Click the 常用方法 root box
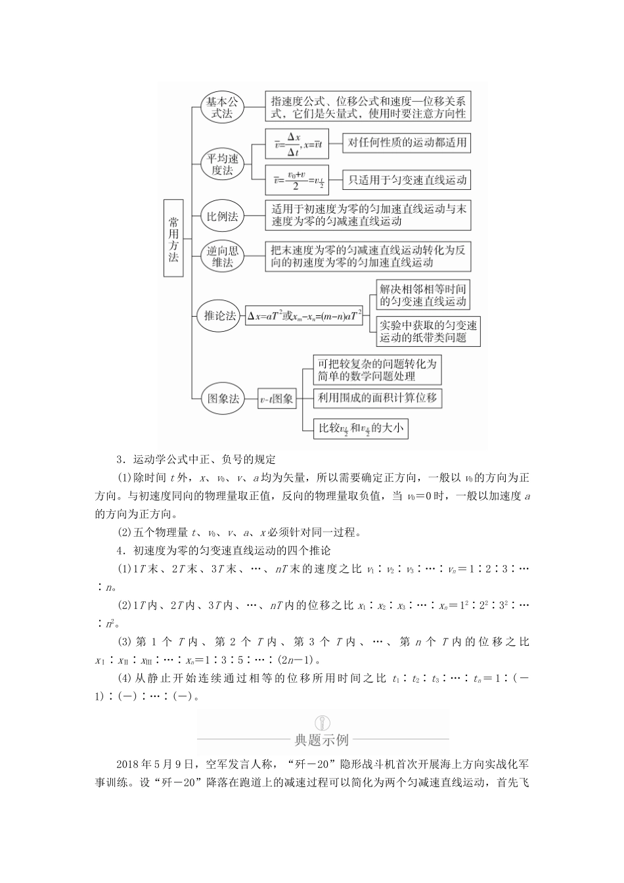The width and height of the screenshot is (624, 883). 173,238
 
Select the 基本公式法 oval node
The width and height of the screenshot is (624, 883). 223,107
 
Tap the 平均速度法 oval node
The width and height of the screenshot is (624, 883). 223,164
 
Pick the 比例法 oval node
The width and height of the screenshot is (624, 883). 223,215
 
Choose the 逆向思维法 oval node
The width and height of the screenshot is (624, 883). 223,256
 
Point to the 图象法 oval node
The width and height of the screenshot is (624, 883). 223,398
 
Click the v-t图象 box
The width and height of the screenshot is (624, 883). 277,399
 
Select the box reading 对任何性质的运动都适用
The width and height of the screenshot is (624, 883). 407,142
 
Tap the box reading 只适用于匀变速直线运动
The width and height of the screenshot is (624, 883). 407,179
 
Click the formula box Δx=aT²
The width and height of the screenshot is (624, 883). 305,316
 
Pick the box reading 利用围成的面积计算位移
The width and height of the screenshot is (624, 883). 377,397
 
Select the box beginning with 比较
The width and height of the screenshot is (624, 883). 360,428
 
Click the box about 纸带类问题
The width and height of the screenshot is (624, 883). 428,331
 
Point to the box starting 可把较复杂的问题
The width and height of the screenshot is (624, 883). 376,370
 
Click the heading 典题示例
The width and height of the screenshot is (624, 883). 322,740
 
